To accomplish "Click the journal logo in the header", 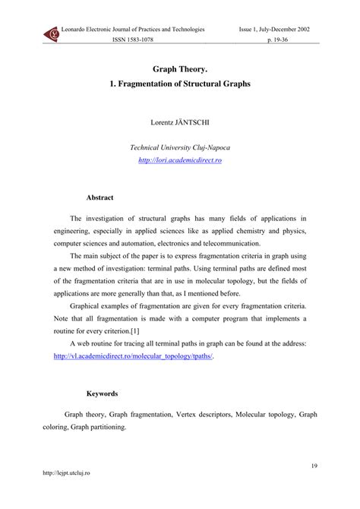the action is pyautogui.click(x=52, y=34).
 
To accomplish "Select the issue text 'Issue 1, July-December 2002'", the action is pyautogui.click(x=280, y=29).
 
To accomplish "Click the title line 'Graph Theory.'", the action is pyautogui.click(x=180, y=68).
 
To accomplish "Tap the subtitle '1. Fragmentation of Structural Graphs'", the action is pyautogui.click(x=180, y=83).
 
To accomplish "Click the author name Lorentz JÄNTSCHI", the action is pyautogui.click(x=180, y=122).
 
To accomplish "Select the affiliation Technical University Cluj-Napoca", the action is pyautogui.click(x=180, y=148).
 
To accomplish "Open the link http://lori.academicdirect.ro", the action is pyautogui.click(x=180, y=160).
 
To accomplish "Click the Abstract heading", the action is pyautogui.click(x=99, y=197).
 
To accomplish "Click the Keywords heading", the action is pyautogui.click(x=102, y=394).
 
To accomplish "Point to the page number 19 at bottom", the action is pyautogui.click(x=314, y=465).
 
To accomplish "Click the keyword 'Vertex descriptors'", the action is pyautogui.click(x=205, y=415).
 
